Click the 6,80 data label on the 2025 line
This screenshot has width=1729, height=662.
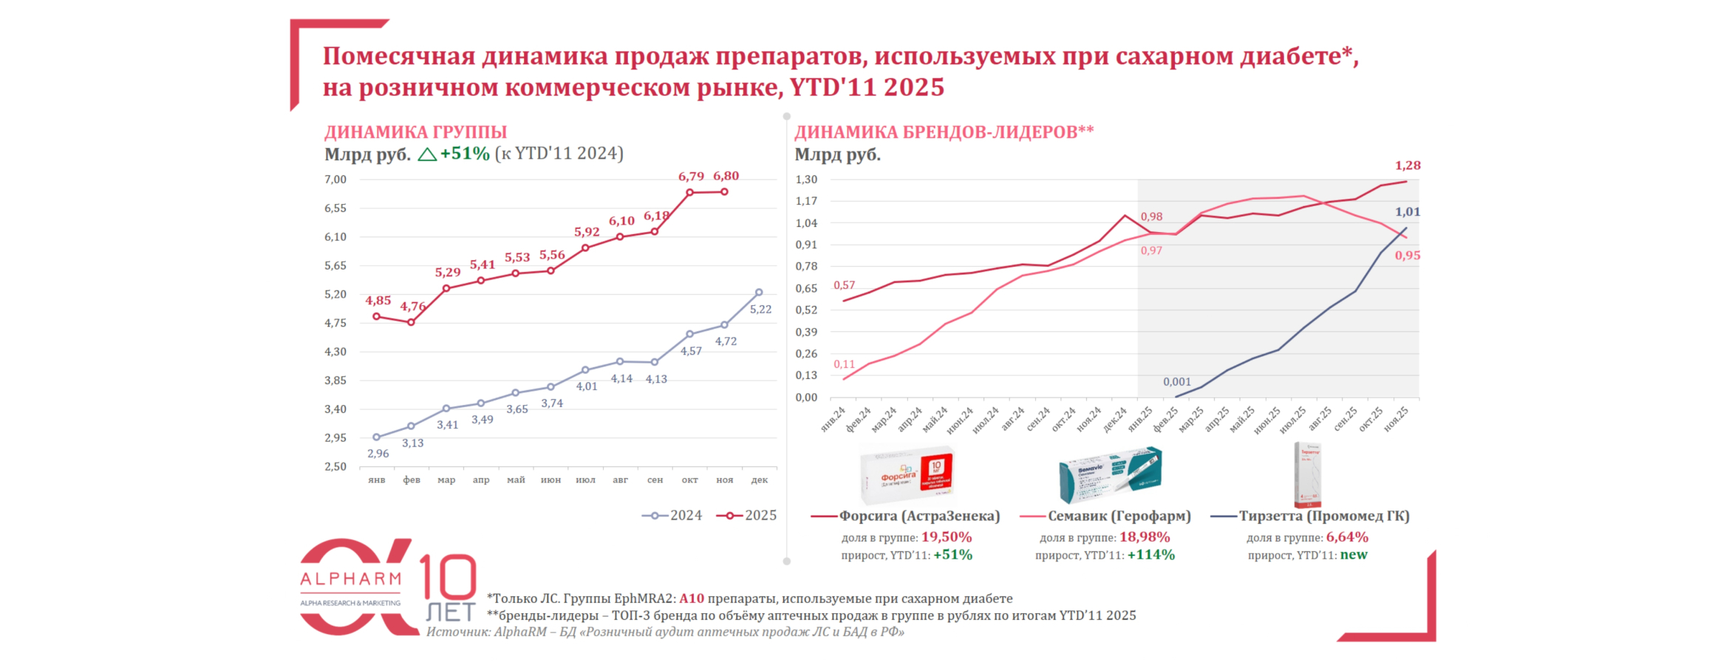(x=726, y=176)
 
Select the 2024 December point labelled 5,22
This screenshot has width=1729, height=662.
(x=759, y=293)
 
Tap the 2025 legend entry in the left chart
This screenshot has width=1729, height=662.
(x=747, y=516)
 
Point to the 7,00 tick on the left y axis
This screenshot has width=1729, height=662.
(x=335, y=180)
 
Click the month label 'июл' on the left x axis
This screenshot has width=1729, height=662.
(x=585, y=480)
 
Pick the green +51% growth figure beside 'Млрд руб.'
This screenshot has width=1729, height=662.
(x=465, y=154)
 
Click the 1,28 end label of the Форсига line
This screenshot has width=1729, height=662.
(x=1408, y=165)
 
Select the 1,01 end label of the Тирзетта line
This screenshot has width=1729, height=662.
(x=1408, y=212)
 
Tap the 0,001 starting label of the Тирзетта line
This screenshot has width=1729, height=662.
(x=1177, y=382)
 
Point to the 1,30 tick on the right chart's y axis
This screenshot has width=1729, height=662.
(x=806, y=180)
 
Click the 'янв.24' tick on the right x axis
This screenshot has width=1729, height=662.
(x=833, y=419)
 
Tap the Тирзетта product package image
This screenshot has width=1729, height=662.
(x=1307, y=474)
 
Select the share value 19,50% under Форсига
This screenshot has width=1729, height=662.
(x=947, y=537)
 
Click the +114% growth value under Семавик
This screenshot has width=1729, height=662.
(x=1150, y=555)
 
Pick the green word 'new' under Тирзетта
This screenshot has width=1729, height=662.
(x=1354, y=555)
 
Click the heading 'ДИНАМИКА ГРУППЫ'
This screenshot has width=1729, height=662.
(x=415, y=132)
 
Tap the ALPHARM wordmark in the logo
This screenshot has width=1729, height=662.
(x=350, y=579)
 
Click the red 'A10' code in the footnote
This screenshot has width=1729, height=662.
(x=692, y=598)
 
